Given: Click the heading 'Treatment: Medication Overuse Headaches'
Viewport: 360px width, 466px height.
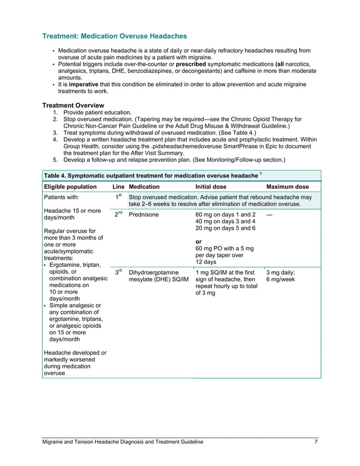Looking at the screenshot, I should pyautogui.click(x=115, y=36).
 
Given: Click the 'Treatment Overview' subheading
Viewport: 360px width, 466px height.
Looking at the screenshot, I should pyautogui.click(x=73, y=105).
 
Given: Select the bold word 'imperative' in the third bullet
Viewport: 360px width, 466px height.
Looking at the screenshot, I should pyautogui.click(x=84, y=84).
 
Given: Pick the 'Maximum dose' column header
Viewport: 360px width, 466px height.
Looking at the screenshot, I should pyautogui.click(x=287, y=187).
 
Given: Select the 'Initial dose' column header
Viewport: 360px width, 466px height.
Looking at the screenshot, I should pyautogui.click(x=211, y=187).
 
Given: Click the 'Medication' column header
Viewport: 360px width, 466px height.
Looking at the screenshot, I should pyautogui.click(x=144, y=187).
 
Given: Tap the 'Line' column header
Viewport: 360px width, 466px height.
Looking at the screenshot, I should pyautogui.click(x=118, y=187).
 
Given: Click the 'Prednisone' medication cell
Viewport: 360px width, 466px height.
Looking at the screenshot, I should pyautogui.click(x=144, y=215).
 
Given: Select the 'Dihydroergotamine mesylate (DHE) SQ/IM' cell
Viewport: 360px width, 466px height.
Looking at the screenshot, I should pyautogui.click(x=159, y=275).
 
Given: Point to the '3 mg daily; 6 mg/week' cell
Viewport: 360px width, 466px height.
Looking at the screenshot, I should pyautogui.click(x=280, y=275).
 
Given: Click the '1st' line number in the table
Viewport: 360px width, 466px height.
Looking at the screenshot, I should pyautogui.click(x=118, y=197).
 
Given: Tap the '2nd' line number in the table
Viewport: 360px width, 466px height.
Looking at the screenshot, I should pyautogui.click(x=118, y=214).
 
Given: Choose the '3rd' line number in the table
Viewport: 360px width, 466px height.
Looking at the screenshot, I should pyautogui.click(x=118, y=271).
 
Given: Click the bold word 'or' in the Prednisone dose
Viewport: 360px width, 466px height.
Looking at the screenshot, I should pyautogui.click(x=199, y=241).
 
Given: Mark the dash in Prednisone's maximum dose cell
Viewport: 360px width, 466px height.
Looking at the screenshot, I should pyautogui.click(x=270, y=215).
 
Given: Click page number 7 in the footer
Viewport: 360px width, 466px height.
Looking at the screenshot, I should pyautogui.click(x=316, y=442).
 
